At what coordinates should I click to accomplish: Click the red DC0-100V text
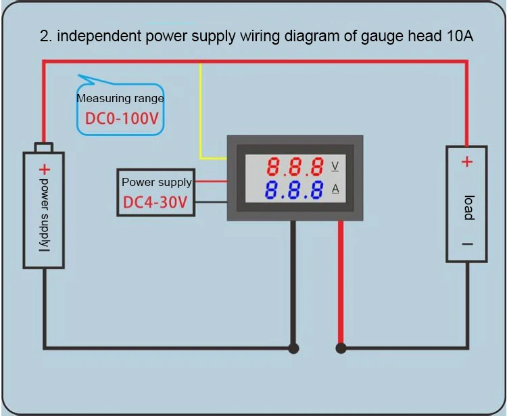click(x=122, y=119)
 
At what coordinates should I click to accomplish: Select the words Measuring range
click(x=120, y=98)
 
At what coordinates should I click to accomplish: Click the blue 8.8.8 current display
click(x=294, y=190)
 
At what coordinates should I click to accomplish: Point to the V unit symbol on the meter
click(x=335, y=166)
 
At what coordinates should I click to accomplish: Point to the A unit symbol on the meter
click(x=335, y=189)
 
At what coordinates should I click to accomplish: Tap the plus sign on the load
click(x=466, y=162)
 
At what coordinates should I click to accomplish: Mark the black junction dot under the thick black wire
click(x=293, y=349)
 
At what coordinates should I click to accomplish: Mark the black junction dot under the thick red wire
click(x=341, y=349)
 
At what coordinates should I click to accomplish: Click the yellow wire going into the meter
click(x=201, y=122)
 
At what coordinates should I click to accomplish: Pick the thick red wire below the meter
click(x=341, y=284)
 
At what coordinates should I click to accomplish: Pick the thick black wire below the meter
click(x=293, y=284)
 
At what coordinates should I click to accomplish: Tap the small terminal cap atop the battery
click(x=44, y=147)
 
